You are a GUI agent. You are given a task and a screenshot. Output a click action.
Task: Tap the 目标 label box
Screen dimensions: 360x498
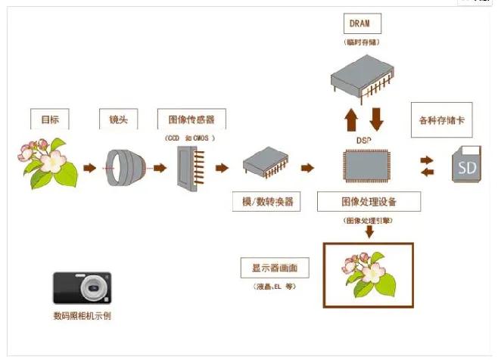(x=50, y=119)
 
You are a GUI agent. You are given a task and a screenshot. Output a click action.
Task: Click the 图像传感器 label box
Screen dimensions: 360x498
(x=191, y=119)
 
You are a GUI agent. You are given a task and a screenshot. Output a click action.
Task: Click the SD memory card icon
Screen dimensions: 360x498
(x=467, y=164)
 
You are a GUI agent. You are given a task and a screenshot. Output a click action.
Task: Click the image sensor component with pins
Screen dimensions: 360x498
(x=190, y=167)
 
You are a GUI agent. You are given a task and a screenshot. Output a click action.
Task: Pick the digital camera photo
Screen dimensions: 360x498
(x=82, y=288)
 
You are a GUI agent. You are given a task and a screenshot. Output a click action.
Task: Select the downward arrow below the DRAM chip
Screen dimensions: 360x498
(x=376, y=119)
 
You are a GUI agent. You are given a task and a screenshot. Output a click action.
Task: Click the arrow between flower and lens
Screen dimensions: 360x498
(x=89, y=167)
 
